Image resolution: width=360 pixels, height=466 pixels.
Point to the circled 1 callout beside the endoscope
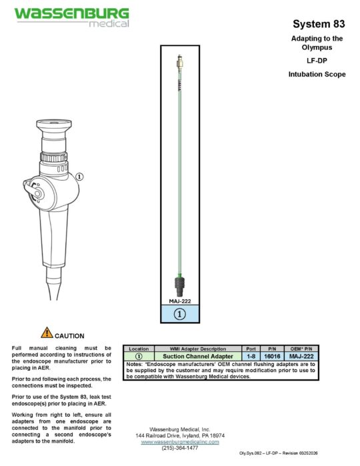pyautogui.click(x=80, y=177)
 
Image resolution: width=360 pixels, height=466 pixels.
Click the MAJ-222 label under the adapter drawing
pyautogui.click(x=179, y=301)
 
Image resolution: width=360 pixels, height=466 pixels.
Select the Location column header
pyautogui.click(x=139, y=349)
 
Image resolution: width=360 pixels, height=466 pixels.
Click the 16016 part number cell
pyautogui.click(x=272, y=357)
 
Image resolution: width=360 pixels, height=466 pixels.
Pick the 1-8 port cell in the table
pyautogui.click(x=250, y=357)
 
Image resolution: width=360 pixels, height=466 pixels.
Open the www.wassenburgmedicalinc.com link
pyautogui.click(x=179, y=441)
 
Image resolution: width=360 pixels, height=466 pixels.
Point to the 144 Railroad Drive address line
pyautogui.click(x=179, y=435)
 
